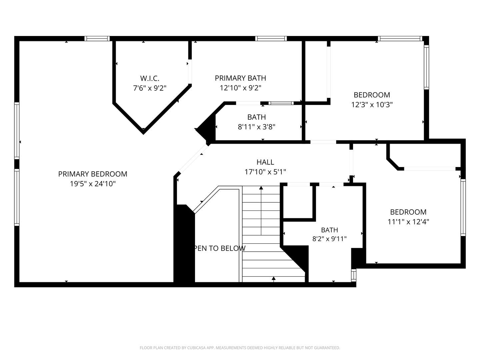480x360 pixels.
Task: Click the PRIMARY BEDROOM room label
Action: (93, 174)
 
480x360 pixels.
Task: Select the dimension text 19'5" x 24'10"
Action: (93, 184)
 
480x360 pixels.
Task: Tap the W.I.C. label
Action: (150, 78)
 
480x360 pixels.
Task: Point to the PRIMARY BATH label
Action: (240, 78)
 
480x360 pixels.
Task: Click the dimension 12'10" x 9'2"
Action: (240, 88)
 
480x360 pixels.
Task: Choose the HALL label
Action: (265, 162)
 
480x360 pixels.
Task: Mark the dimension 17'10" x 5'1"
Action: (265, 172)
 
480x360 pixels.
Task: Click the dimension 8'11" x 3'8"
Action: (257, 127)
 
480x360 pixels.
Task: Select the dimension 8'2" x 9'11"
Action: (330, 239)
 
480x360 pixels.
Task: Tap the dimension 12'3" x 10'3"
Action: (372, 105)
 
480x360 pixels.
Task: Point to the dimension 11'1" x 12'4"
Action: (408, 222)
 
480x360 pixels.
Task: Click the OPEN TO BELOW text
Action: (220, 248)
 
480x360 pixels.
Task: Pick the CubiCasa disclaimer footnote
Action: (240, 348)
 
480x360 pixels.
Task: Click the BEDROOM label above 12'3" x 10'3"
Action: (372, 95)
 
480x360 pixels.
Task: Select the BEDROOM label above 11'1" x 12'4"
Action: (408, 212)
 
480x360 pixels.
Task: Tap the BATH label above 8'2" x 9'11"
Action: (330, 230)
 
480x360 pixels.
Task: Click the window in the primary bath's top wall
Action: (271, 39)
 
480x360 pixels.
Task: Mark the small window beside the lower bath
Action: (354, 275)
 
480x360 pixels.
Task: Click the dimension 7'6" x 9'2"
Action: (150, 88)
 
